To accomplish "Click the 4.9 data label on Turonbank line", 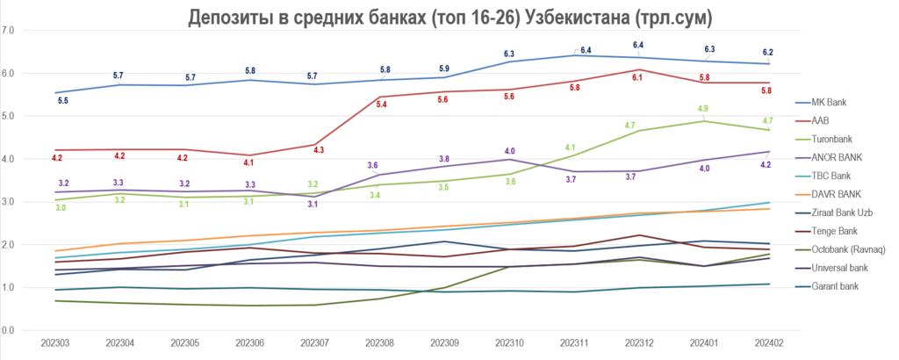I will coord(703,109).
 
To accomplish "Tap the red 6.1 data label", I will coord(638,78).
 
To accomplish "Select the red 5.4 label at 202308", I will coord(382,104).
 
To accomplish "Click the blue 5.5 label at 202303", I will coord(62,101).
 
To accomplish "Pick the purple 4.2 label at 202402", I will coord(766,165).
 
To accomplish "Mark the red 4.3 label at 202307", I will coord(319,150).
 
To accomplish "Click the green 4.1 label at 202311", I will coord(570,148).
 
